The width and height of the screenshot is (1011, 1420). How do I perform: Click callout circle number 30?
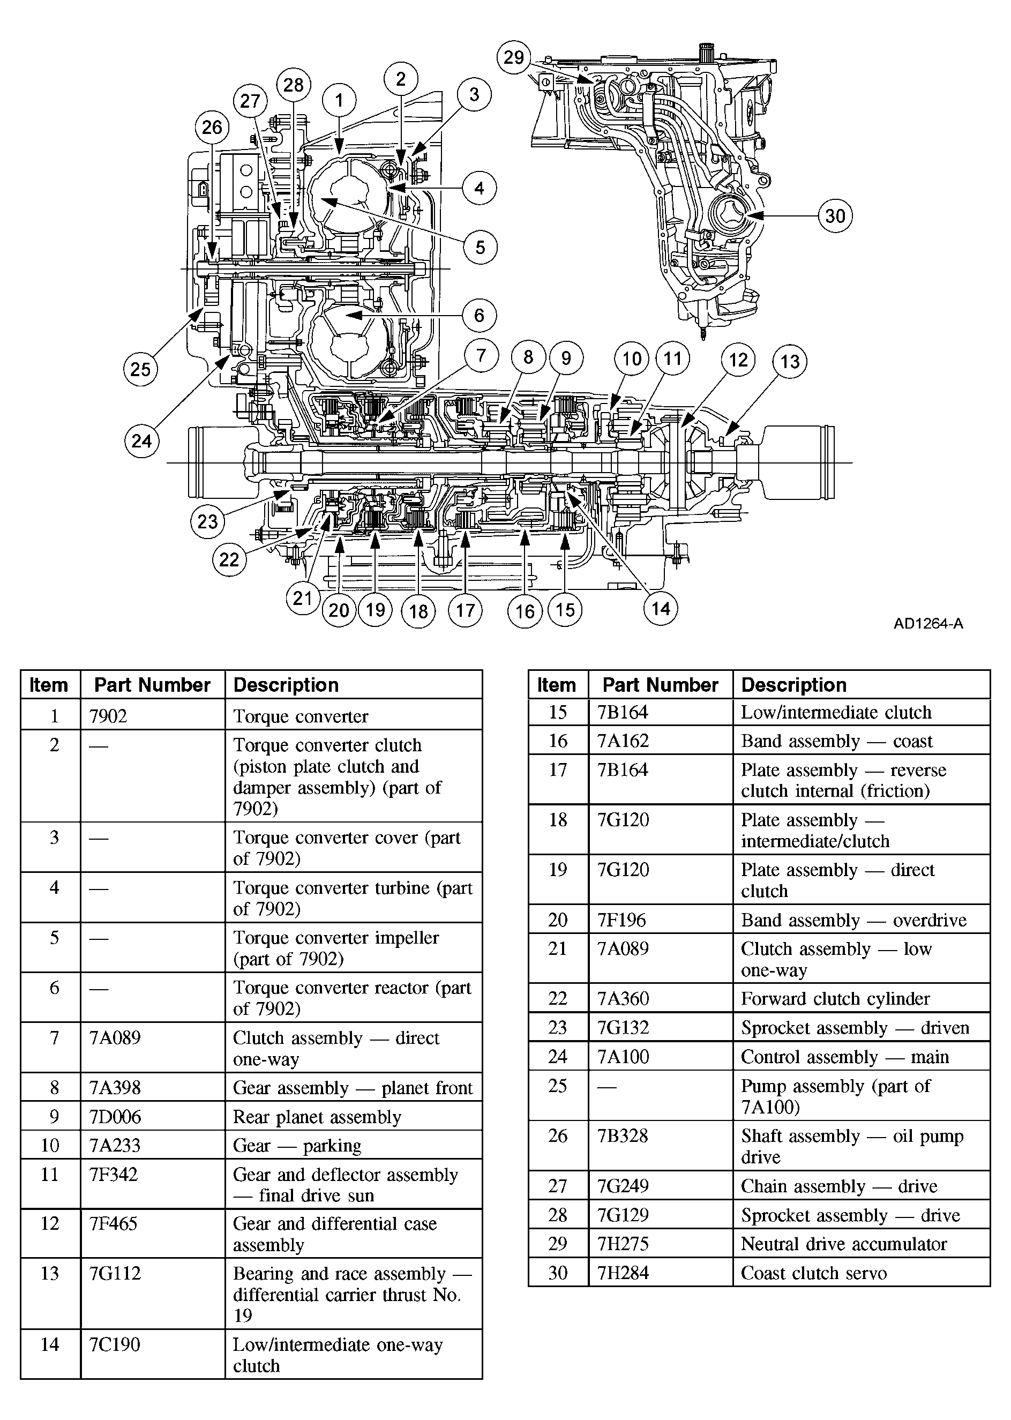coord(835,216)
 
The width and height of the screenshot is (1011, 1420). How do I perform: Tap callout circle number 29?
coord(514,57)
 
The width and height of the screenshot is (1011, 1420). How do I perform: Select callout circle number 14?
coord(660,608)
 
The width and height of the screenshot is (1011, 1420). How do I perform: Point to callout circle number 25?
coord(140,369)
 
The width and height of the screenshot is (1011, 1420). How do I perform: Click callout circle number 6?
coord(479,315)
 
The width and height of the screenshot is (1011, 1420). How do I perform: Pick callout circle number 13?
coord(789,361)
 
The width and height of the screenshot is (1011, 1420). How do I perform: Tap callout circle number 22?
coord(229,559)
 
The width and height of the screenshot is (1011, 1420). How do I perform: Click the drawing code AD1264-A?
coord(928,623)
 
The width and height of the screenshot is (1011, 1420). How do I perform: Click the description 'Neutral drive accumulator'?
coord(843,1244)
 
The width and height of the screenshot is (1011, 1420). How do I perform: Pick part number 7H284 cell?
coord(623,1273)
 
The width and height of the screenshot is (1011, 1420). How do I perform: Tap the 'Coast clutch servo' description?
coord(814,1273)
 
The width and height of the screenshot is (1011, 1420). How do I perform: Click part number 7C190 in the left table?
coord(115,1344)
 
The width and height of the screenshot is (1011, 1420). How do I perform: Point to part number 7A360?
coord(623,998)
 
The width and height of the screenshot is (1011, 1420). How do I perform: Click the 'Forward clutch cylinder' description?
coord(835,998)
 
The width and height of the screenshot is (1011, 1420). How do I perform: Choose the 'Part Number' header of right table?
coord(660,685)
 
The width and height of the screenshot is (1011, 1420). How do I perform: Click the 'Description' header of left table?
coord(286,685)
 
